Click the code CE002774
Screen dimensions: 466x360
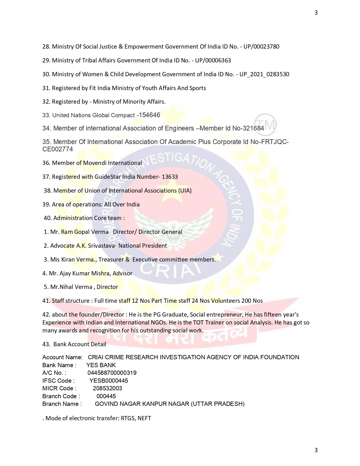pos(58,149)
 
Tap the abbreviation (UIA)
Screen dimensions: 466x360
pos(184,191)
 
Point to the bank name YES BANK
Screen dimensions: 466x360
pos(101,365)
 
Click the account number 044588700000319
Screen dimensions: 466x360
pos(112,373)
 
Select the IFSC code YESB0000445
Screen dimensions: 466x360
pos(109,381)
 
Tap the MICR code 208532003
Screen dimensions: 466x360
pos(107,388)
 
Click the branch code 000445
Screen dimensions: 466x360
pos(106,396)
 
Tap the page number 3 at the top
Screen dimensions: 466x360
pos(316,13)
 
